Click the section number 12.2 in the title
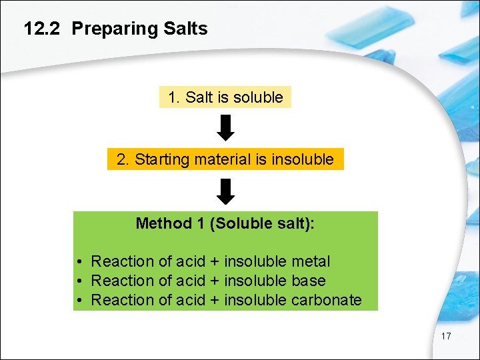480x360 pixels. [x=43, y=29]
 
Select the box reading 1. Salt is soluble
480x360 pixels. [x=225, y=97]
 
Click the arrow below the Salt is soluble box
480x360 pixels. [x=226, y=127]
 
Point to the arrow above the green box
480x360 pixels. [x=226, y=191]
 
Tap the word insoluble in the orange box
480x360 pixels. [x=303, y=159]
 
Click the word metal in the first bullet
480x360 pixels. [x=310, y=262]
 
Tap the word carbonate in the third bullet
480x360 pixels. [x=327, y=300]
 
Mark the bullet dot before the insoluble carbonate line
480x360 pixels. [x=79, y=301]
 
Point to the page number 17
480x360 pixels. [x=446, y=336]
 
